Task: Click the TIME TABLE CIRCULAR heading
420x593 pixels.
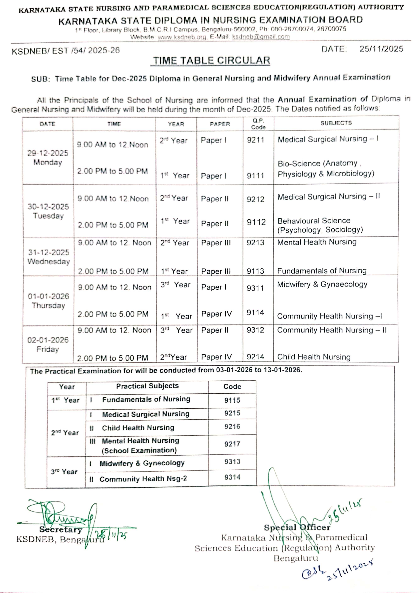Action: point(212,61)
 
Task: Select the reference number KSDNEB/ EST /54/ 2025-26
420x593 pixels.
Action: point(66,51)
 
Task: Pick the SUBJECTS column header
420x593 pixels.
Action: point(336,123)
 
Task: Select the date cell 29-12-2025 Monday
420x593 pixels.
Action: point(48,158)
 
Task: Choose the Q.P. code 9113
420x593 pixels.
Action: point(255,271)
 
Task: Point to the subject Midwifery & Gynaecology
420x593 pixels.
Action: point(322,284)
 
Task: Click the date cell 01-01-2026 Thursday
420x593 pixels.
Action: point(48,301)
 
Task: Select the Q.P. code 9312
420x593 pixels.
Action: point(255,330)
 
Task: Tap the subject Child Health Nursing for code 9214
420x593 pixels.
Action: point(314,357)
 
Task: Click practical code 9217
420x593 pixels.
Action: point(232,444)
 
